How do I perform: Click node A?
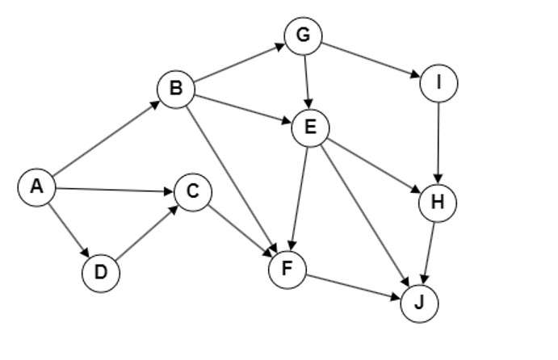37,187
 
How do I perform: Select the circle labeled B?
176,89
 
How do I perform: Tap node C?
193,192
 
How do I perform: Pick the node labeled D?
101,273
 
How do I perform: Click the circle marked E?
310,128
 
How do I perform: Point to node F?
287,270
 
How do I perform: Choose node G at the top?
303,36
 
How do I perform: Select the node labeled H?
438,203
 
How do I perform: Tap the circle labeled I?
438,83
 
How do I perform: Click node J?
420,303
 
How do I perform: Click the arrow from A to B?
107,138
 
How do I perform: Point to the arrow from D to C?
146,232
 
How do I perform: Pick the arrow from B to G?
240,63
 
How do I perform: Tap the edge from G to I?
371,60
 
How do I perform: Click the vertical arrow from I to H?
438,143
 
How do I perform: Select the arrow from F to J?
354,287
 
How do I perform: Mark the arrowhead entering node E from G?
308,105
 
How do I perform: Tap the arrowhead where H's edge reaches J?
424,279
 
